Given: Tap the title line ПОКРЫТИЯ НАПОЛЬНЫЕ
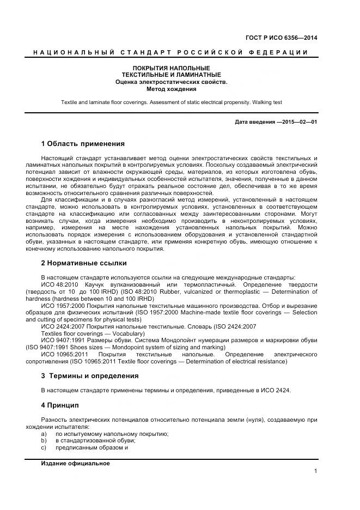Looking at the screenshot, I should (x=172, y=68).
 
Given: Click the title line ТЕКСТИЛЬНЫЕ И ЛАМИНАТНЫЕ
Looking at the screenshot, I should (x=172, y=75).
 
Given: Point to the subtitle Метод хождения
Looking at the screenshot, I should (x=172, y=89).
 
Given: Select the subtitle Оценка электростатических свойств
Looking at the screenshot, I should (x=172, y=82).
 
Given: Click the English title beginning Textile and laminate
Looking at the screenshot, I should (x=172, y=102).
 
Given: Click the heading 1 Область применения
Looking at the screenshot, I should (x=83, y=144).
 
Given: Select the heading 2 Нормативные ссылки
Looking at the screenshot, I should (x=84, y=263).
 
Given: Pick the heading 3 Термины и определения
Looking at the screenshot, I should (x=90, y=376).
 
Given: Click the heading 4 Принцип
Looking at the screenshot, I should (x=60, y=405).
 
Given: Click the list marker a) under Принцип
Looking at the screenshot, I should (x=44, y=434).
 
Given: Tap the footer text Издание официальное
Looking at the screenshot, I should (x=75, y=463).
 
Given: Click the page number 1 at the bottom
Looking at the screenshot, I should (x=315, y=471).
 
